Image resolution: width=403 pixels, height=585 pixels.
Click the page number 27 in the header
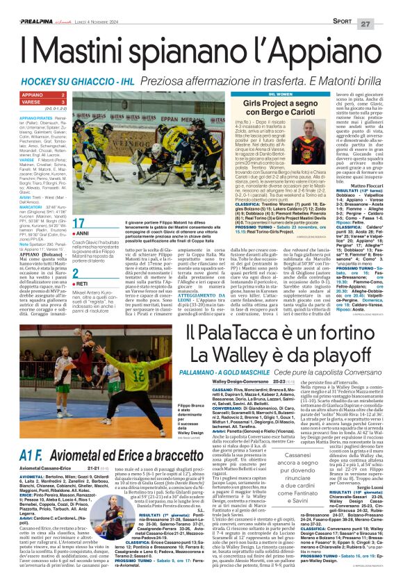click(x=387, y=6)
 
